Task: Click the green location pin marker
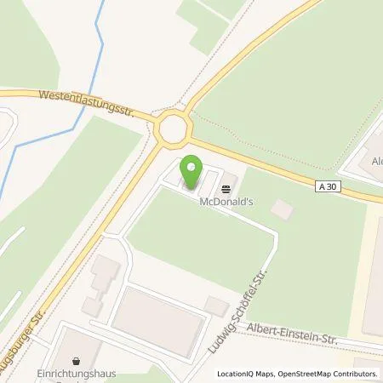(x=191, y=172)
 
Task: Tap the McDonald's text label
(x=226, y=203)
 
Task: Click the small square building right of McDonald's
(x=283, y=208)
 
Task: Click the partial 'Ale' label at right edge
(x=375, y=160)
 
